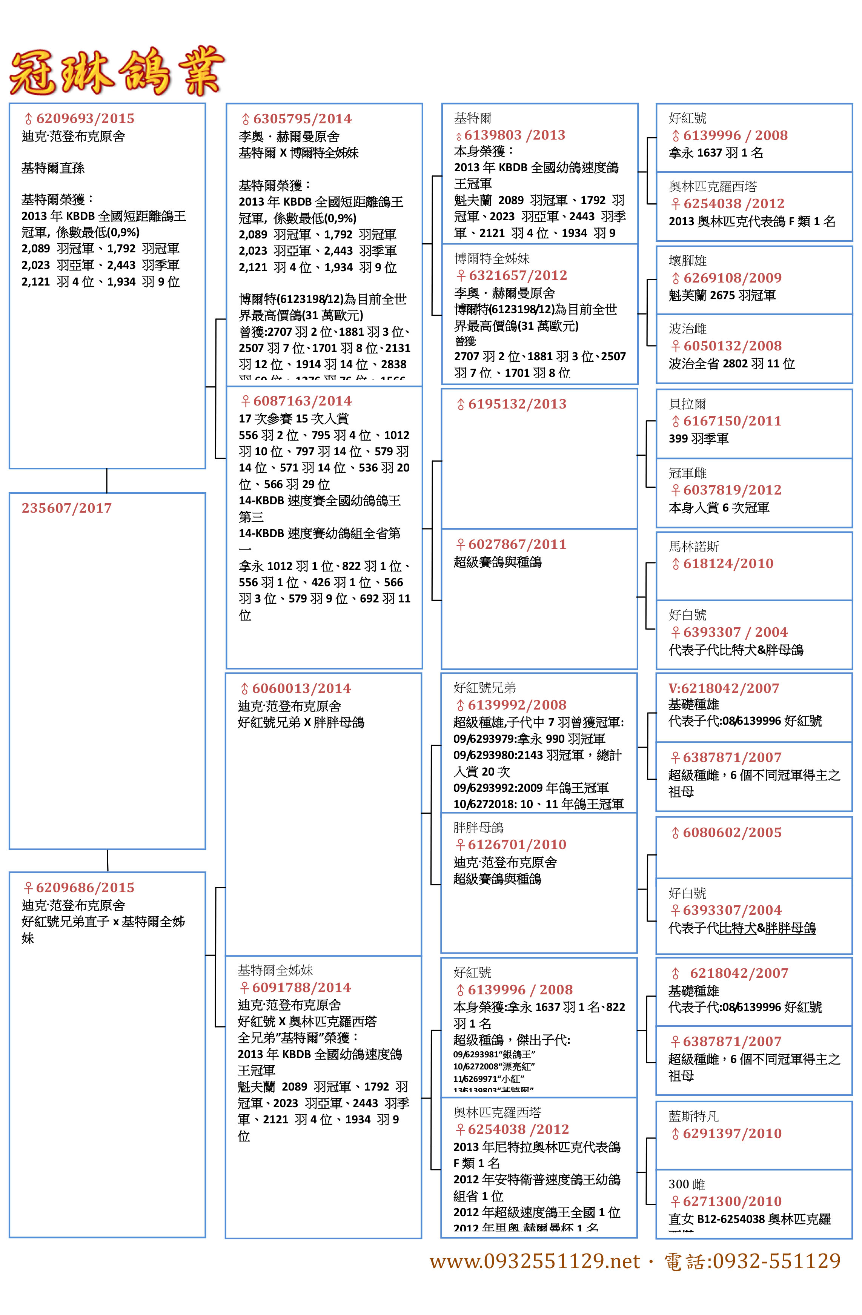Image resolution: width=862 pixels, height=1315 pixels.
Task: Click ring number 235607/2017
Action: click(66, 508)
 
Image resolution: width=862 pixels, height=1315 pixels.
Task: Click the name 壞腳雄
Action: click(687, 261)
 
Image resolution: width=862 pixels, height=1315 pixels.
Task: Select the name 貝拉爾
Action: click(687, 404)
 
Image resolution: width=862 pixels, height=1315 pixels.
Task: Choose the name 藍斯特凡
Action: click(693, 1116)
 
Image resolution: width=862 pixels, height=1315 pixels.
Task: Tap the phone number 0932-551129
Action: click(776, 1261)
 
